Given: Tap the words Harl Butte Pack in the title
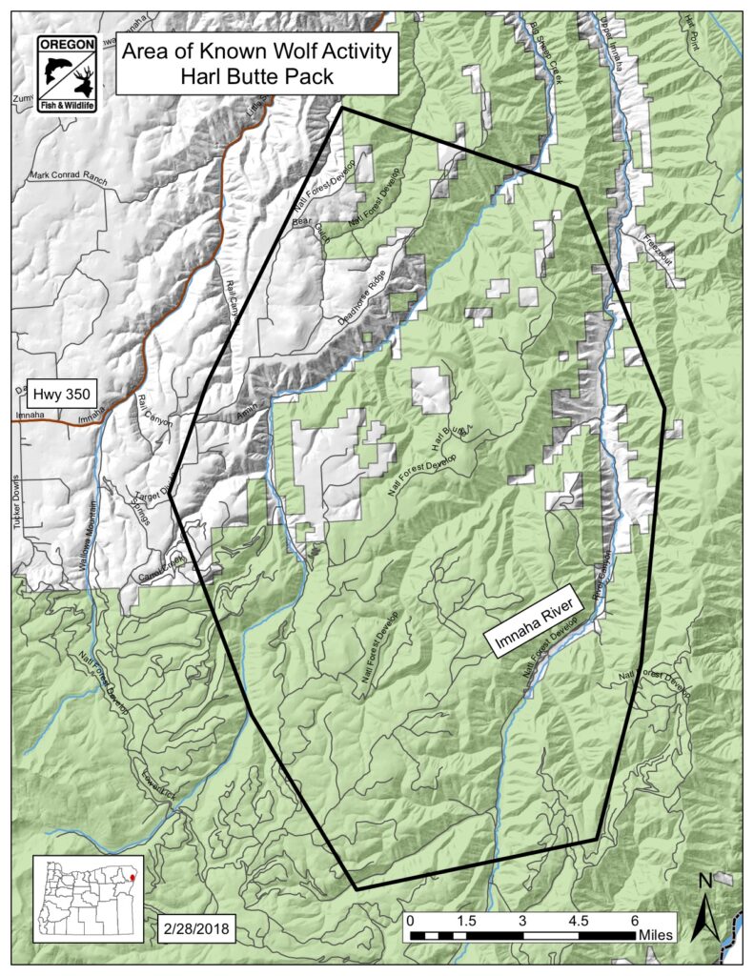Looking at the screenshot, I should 256,76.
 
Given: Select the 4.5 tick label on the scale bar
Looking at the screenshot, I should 579,922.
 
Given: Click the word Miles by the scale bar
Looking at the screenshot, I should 657,936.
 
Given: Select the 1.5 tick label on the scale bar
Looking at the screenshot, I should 465,922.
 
